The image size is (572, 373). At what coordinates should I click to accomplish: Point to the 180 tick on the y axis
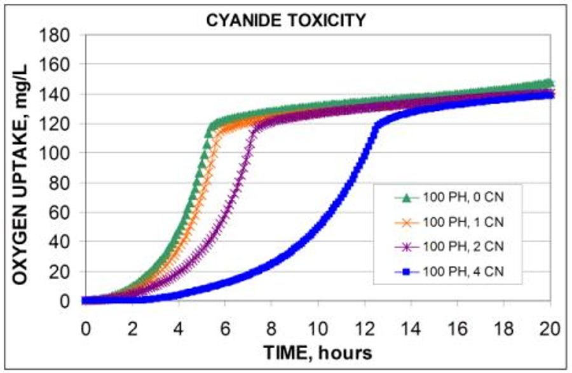[x=55, y=35]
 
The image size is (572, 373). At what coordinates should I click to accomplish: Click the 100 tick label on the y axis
[x=55, y=153]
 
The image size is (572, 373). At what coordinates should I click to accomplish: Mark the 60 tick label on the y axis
[x=60, y=213]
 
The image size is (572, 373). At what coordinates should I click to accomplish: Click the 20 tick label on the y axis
[x=60, y=272]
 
